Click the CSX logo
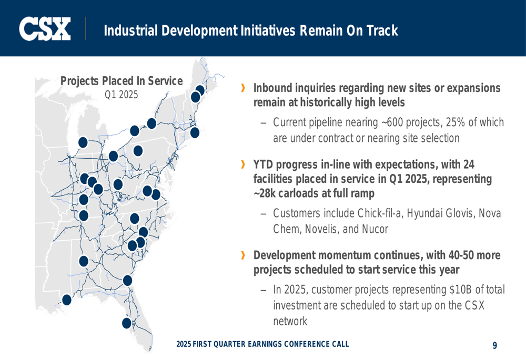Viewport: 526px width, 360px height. click(x=45, y=29)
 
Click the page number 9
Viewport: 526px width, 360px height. click(x=495, y=345)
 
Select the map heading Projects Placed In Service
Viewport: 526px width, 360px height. click(x=122, y=81)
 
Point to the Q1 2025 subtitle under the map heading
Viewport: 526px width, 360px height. click(x=122, y=95)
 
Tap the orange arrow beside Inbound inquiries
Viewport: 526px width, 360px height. click(x=243, y=88)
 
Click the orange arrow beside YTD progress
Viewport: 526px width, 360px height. click(x=243, y=164)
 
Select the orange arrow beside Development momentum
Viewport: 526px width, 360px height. click(x=243, y=255)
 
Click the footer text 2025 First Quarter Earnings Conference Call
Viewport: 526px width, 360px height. click(x=262, y=344)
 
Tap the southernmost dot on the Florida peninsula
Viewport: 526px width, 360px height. click(x=126, y=323)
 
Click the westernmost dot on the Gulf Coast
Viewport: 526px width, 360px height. click(x=67, y=300)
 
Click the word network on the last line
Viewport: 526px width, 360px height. click(x=290, y=321)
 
